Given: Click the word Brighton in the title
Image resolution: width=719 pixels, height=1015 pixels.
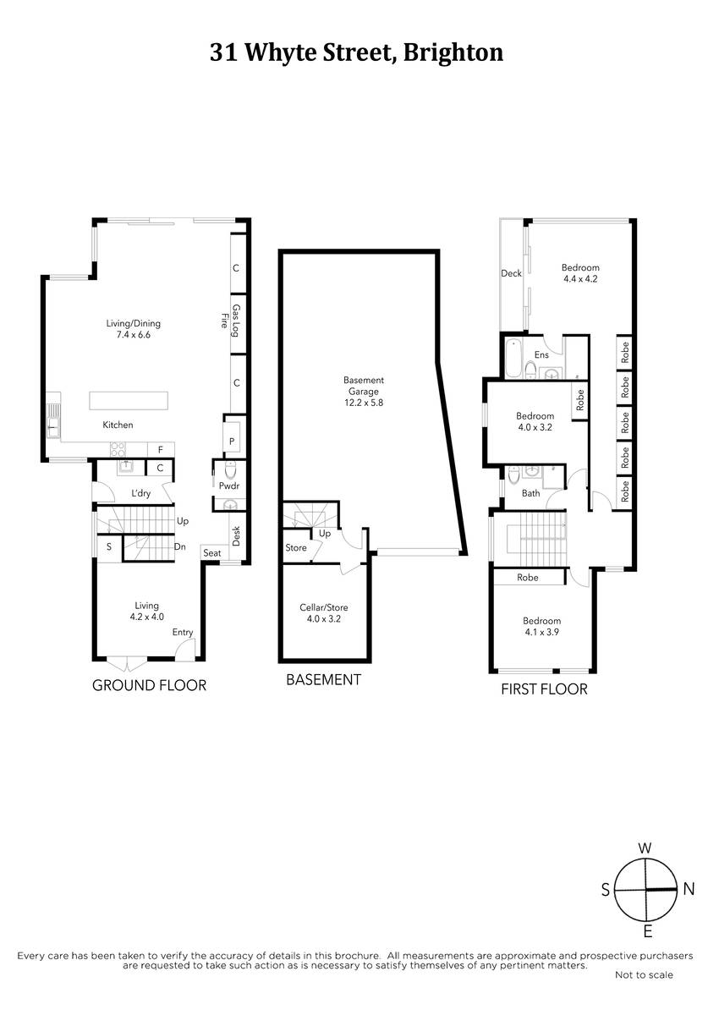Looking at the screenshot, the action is pos(453,53).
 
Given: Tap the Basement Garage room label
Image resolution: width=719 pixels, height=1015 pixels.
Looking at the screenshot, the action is pos(364,391).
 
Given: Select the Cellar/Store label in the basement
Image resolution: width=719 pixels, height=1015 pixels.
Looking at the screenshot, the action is pos(323,607).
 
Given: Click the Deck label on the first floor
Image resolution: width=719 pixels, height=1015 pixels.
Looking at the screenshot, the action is pos(511,273).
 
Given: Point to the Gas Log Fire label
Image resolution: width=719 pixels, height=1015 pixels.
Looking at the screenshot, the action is pos(230,321).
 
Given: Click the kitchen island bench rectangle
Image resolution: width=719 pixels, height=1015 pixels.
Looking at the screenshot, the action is pos(129,401).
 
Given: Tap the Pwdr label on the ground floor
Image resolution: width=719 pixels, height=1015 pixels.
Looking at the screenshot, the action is pos(228,486).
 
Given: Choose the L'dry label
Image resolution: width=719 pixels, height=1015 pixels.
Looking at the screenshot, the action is pos(140,493).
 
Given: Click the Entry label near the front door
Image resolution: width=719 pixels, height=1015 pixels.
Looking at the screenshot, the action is pos(183,632).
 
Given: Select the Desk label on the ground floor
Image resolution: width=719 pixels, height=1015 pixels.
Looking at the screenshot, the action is pos(236,536).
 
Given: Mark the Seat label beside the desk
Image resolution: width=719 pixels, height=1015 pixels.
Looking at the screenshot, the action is pos(212,553).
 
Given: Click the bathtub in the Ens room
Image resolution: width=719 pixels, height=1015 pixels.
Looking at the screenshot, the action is pos(513,358).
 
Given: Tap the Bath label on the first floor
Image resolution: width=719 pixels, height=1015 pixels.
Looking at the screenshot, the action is pos(530,493).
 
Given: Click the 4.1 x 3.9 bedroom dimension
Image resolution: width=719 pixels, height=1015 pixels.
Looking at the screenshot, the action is pos(542,632).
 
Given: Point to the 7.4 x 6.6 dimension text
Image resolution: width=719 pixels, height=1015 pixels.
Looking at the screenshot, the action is pos(133,335).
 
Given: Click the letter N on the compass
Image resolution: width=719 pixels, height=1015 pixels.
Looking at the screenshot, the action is pos(689,889).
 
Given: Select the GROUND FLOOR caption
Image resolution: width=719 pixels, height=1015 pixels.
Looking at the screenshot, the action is pos(149,685).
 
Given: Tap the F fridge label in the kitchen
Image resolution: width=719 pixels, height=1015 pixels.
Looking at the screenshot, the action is pos(161,450).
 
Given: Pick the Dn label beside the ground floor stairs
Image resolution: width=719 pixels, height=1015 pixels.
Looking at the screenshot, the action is pos(180,547).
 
